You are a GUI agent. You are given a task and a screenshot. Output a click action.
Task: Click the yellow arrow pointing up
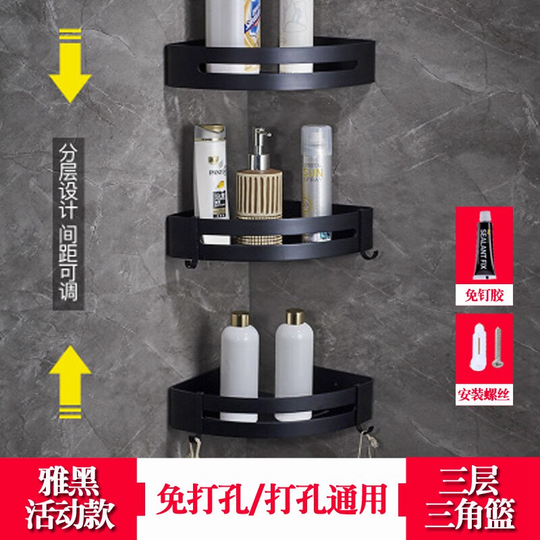(70, 375)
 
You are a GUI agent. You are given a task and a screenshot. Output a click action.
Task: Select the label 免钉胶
(483, 294)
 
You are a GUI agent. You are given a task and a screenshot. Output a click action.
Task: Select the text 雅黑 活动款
(68, 499)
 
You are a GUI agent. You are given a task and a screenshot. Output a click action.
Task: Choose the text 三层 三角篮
(472, 499)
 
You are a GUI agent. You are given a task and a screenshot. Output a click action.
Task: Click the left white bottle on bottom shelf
(239, 358)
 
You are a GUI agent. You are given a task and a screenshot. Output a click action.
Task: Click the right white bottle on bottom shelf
(294, 358)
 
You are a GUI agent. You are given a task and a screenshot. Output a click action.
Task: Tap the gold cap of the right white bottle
(294, 317)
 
